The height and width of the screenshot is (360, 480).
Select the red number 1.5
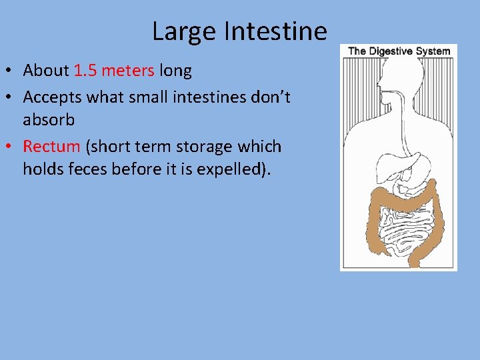85,70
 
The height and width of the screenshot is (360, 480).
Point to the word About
47,70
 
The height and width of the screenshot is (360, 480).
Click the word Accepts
52,97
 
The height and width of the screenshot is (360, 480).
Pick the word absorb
48,120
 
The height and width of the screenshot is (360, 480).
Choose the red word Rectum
51,147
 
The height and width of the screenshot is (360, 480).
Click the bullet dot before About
12,71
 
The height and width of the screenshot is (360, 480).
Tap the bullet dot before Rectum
12,147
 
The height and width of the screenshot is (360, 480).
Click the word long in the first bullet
175,70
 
